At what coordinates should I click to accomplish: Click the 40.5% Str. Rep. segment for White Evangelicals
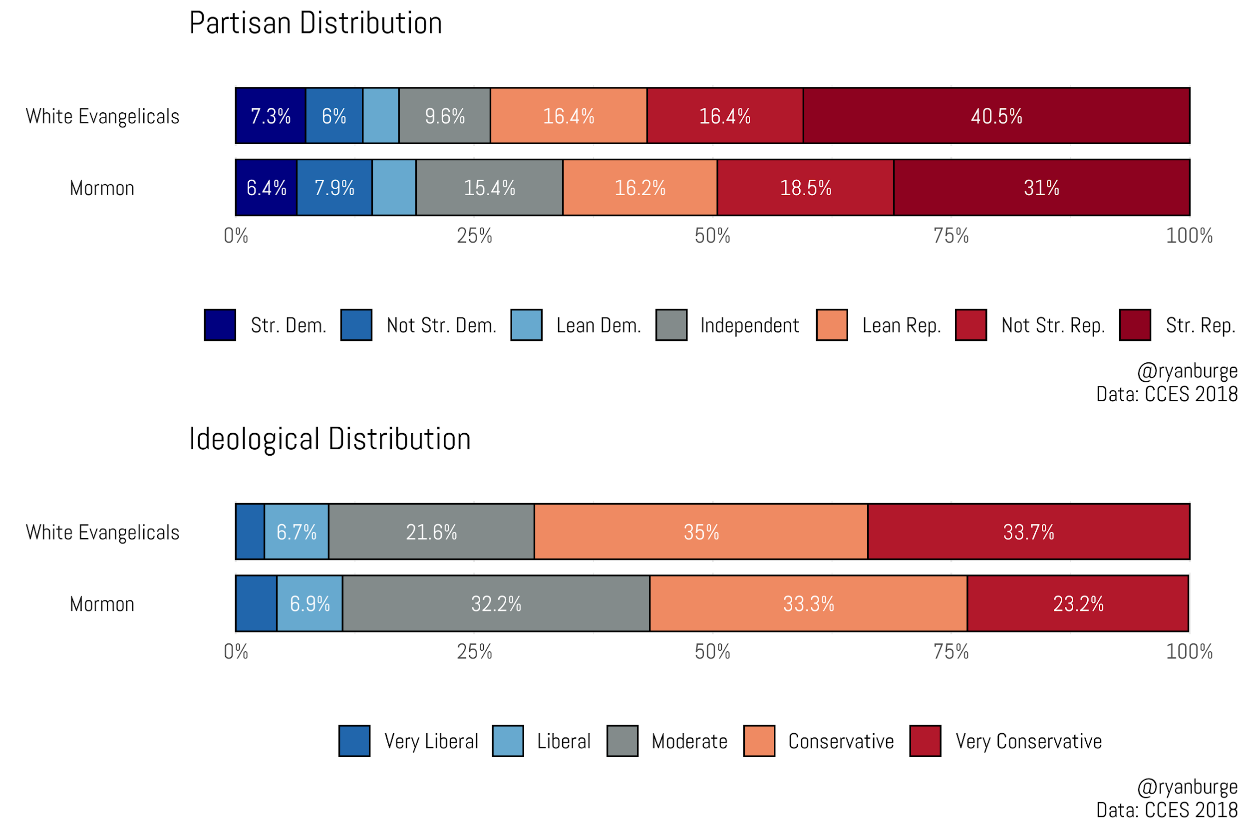(x=996, y=116)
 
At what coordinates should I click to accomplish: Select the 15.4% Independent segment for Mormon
(x=489, y=187)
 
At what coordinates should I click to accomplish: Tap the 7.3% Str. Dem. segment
(x=271, y=116)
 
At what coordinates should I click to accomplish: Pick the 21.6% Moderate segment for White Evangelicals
(x=431, y=532)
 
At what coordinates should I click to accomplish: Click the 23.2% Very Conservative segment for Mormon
(x=1077, y=603)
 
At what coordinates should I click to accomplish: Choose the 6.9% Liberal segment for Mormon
(x=310, y=603)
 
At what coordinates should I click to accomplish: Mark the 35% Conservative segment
(x=700, y=532)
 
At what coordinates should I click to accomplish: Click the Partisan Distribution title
(x=315, y=23)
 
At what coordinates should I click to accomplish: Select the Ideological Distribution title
(x=329, y=439)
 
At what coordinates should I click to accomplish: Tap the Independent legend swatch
(x=671, y=325)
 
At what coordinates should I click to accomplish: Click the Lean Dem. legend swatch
(x=526, y=325)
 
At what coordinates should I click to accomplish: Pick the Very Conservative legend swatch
(x=925, y=741)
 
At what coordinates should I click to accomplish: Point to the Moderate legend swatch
(x=623, y=741)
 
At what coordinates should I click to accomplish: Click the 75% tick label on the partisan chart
(x=951, y=236)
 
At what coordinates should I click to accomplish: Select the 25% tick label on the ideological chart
(x=474, y=652)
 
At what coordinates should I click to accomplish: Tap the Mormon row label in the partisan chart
(x=102, y=188)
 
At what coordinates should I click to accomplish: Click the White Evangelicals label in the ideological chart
(x=102, y=532)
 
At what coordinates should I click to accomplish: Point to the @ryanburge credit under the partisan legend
(x=1187, y=371)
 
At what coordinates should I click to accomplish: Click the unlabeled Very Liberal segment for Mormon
(x=256, y=603)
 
